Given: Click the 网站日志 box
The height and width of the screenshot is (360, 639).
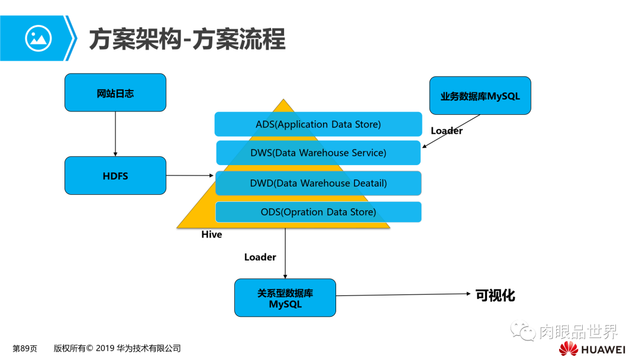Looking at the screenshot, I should click(115, 92).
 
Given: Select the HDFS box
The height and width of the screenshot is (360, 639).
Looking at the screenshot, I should click(115, 175).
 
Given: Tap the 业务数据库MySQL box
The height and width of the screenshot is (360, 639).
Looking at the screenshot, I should click(480, 95).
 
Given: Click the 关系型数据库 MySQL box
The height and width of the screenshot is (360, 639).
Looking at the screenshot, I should click(285, 298).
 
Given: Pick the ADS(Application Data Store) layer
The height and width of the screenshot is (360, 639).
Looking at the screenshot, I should click(318, 124).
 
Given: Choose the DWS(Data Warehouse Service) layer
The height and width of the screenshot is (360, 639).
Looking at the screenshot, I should click(318, 153).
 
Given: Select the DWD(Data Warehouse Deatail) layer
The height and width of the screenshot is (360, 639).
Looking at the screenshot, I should click(318, 183).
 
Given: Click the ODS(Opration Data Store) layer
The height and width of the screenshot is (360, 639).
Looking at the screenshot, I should click(318, 212).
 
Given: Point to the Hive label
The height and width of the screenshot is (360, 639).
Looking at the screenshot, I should click(211, 234).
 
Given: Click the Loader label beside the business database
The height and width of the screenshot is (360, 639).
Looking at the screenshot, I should click(446, 131).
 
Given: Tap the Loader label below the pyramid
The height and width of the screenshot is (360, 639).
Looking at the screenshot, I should click(260, 257).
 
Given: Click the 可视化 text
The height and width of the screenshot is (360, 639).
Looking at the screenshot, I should click(495, 295).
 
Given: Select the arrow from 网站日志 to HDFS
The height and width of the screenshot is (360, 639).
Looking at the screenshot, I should click(115, 134).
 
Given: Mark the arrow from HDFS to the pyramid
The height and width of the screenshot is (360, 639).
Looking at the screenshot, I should click(189, 175).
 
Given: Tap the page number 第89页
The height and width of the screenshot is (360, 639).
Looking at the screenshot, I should click(25, 348).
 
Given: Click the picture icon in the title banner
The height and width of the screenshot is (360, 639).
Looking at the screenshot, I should click(38, 38).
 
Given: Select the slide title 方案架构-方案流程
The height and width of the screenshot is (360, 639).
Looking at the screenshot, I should click(187, 39).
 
